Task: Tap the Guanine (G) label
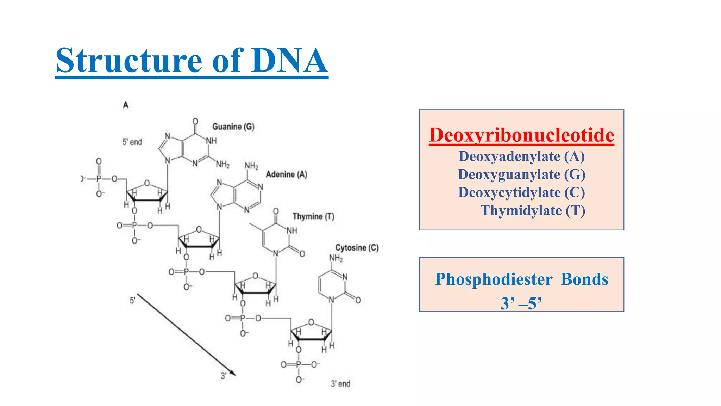[233, 127]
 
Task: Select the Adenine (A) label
[286, 174]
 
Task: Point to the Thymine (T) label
[313, 216]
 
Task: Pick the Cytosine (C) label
[357, 248]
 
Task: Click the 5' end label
[132, 142]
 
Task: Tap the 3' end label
[340, 384]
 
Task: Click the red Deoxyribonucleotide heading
[521, 135]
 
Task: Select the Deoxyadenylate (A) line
[521, 156]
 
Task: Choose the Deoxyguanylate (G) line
[521, 174]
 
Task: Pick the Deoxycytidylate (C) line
[521, 192]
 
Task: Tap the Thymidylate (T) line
[533, 210]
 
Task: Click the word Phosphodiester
[494, 279]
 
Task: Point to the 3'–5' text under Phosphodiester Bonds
[521, 303]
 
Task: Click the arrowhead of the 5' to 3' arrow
[233, 373]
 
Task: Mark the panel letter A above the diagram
[126, 105]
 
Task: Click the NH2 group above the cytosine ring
[336, 258]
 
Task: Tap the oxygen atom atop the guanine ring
[195, 122]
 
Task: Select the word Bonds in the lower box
[584, 279]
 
